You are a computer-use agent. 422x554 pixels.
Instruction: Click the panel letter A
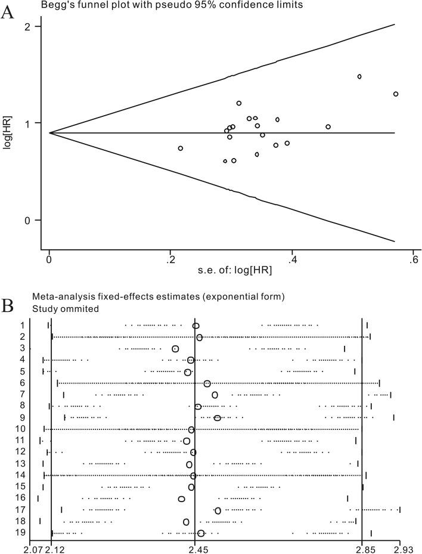pyautogui.click(x=8, y=13)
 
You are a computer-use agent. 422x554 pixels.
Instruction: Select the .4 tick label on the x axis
pyautogui.click(x=291, y=259)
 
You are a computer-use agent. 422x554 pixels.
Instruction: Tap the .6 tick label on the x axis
pyautogui.click(x=413, y=259)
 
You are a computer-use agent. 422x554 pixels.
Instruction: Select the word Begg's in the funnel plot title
pyautogui.click(x=55, y=5)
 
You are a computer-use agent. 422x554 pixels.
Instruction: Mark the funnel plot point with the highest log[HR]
pyautogui.click(x=359, y=76)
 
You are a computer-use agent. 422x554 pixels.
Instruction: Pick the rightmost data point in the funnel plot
pyautogui.click(x=396, y=94)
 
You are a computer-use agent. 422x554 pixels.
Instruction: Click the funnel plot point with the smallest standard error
pyautogui.click(x=181, y=148)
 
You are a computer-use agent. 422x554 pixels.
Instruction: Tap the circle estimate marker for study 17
pyautogui.click(x=218, y=510)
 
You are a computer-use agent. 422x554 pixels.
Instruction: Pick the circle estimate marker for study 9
pyautogui.click(x=218, y=417)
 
